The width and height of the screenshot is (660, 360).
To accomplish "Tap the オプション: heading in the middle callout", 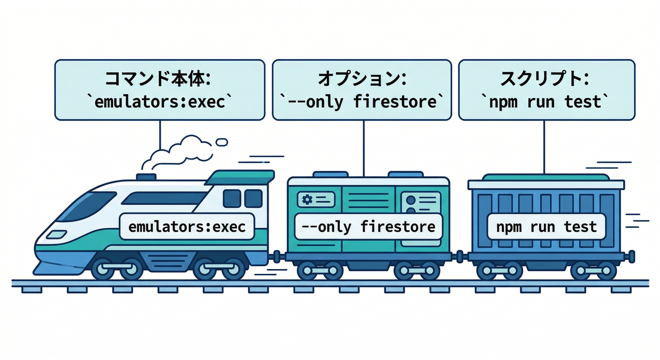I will [x=361, y=79].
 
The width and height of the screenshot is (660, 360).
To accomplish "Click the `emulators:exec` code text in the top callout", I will [x=159, y=102].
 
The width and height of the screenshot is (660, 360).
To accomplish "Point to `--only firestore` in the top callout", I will [x=361, y=102].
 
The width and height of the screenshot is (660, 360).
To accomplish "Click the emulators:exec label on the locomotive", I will [x=187, y=227].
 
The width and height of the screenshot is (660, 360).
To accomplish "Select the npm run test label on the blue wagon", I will [x=547, y=227].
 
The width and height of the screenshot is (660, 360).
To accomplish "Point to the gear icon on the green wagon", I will [x=307, y=200].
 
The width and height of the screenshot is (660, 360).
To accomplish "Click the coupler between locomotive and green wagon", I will [x=277, y=256].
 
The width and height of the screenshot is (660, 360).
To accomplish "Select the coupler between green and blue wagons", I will [x=459, y=256].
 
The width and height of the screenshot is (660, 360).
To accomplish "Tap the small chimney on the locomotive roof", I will [x=146, y=177].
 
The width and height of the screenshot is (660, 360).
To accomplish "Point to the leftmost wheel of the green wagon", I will [x=307, y=270].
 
